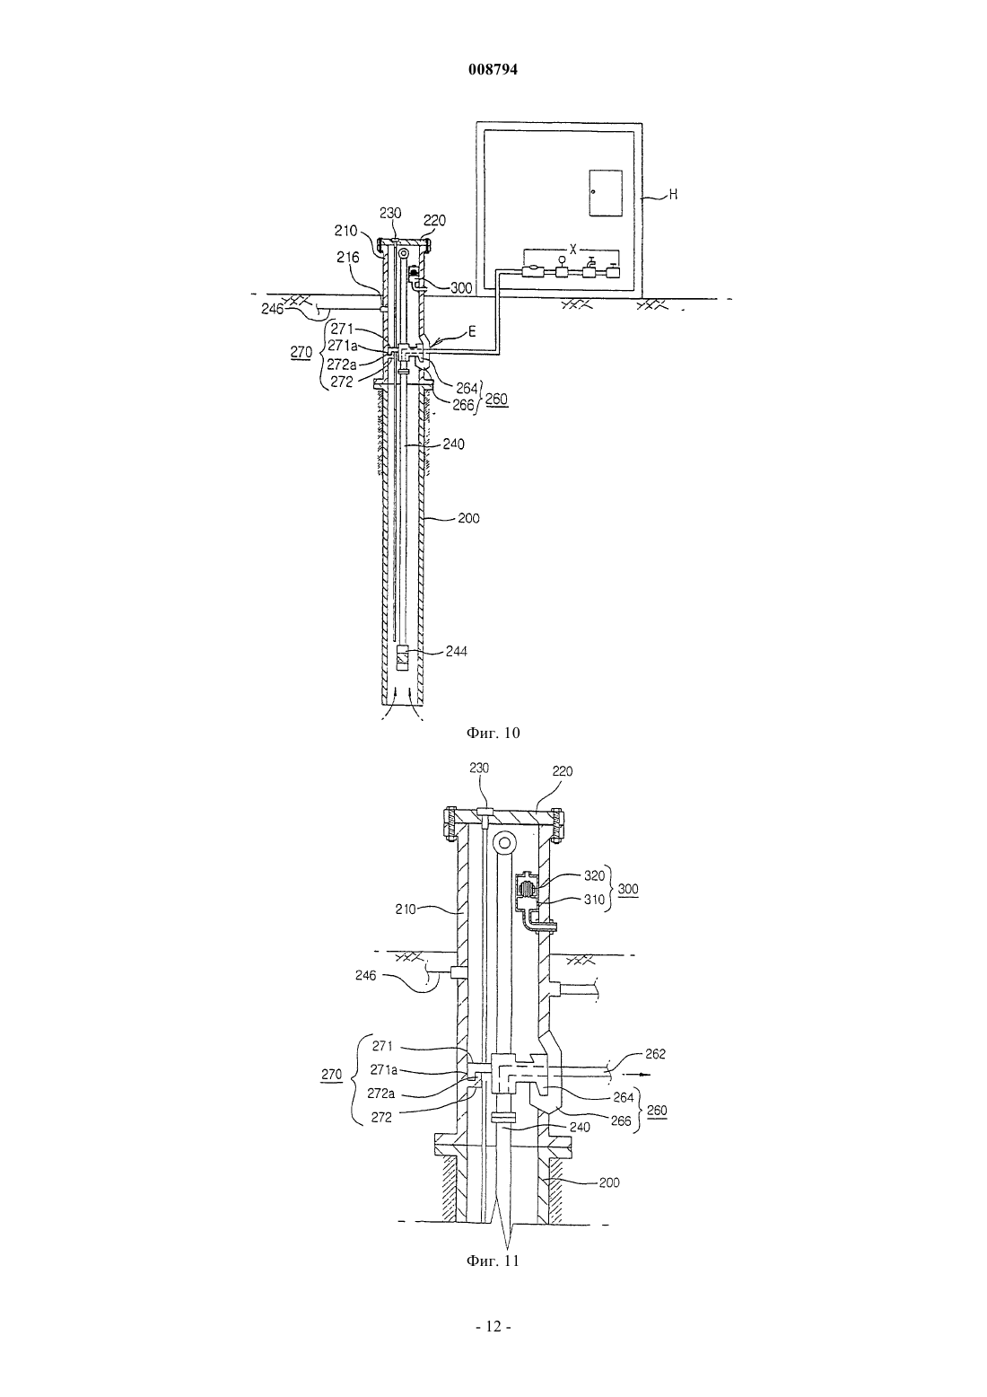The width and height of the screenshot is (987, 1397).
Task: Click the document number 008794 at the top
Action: (493, 70)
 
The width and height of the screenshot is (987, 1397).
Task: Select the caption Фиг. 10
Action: (493, 733)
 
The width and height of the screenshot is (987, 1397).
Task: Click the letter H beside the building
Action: (673, 195)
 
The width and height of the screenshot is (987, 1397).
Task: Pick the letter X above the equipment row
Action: (573, 249)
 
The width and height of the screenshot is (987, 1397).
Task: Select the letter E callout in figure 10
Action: (472, 331)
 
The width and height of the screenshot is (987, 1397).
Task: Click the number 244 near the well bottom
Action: (456, 651)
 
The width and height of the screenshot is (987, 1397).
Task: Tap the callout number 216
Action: (349, 257)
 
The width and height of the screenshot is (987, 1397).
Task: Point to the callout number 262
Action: (655, 1054)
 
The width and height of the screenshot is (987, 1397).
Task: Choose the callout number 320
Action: (594, 875)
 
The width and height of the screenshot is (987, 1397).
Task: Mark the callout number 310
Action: (594, 900)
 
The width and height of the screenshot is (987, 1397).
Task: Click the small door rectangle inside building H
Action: (606, 193)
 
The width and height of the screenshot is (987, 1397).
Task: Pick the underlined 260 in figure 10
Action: (496, 400)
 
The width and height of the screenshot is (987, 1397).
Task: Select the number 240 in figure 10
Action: (453, 444)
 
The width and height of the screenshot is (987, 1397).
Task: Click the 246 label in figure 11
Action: (365, 975)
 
